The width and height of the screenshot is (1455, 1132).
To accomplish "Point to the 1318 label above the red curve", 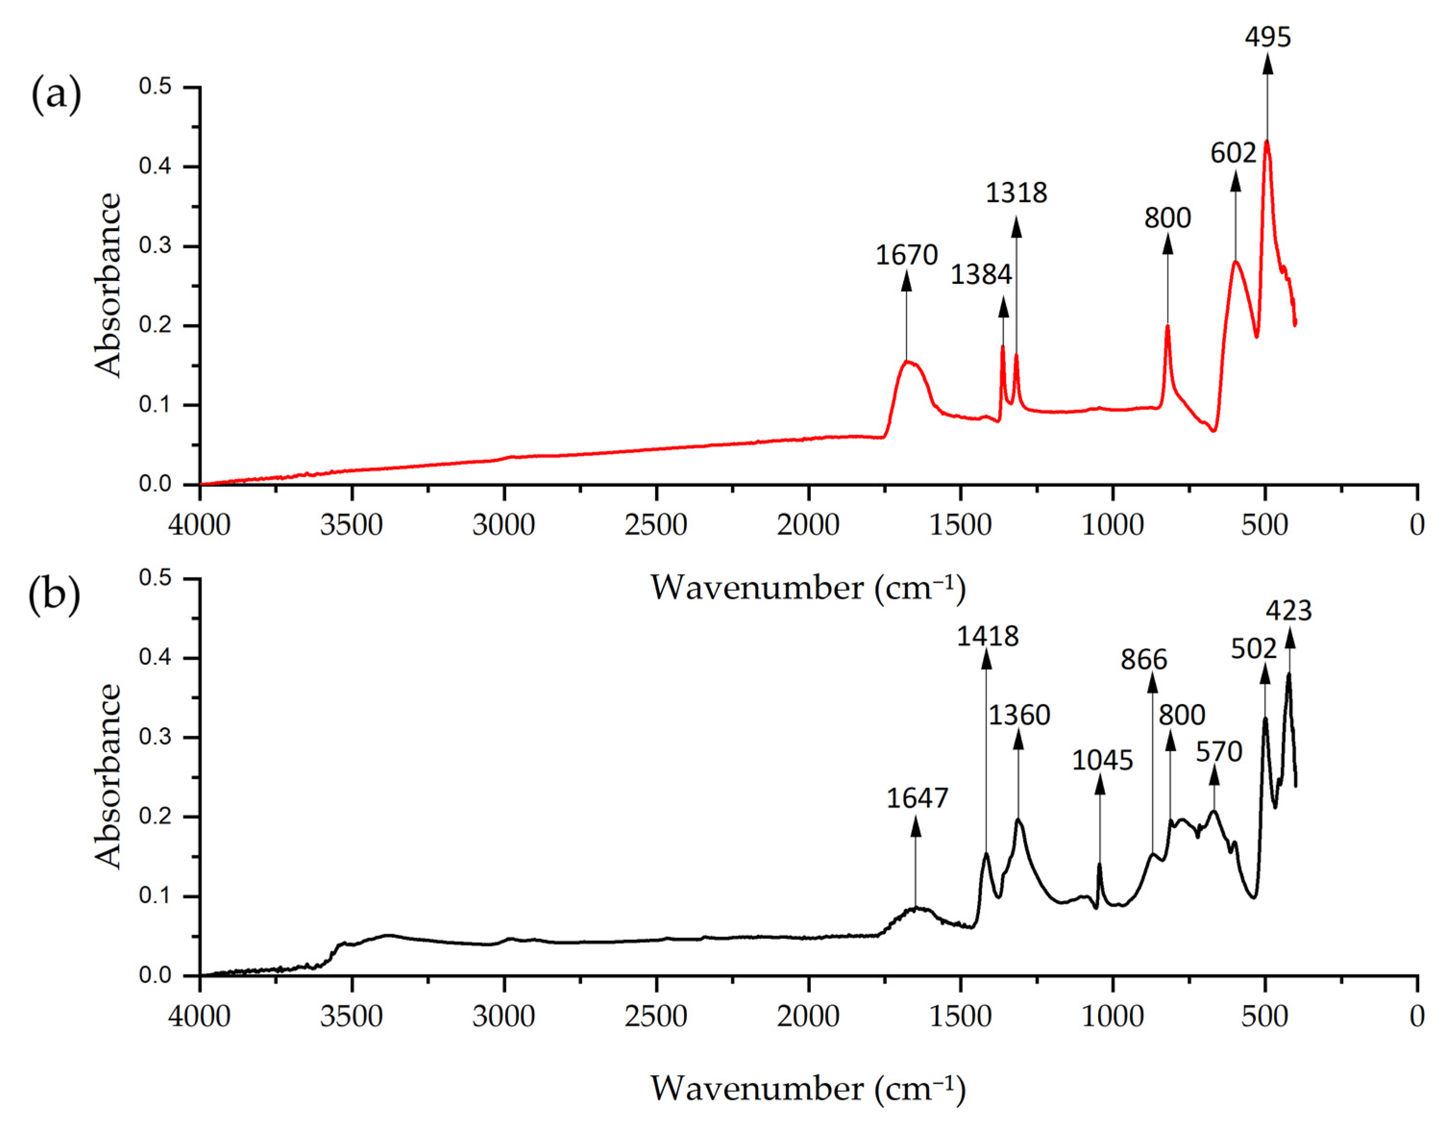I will click(1016, 193).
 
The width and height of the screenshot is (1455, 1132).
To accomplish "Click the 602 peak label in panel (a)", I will click(1233, 154).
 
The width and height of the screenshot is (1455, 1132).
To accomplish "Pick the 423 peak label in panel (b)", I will click(1288, 611).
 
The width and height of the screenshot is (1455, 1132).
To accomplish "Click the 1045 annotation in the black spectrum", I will click(1102, 761).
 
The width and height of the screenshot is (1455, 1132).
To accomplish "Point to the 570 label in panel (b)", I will click(1219, 752).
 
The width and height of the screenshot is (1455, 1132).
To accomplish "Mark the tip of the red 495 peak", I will click(1267, 141).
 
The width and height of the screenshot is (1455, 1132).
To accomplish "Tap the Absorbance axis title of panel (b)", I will click(109, 776).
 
